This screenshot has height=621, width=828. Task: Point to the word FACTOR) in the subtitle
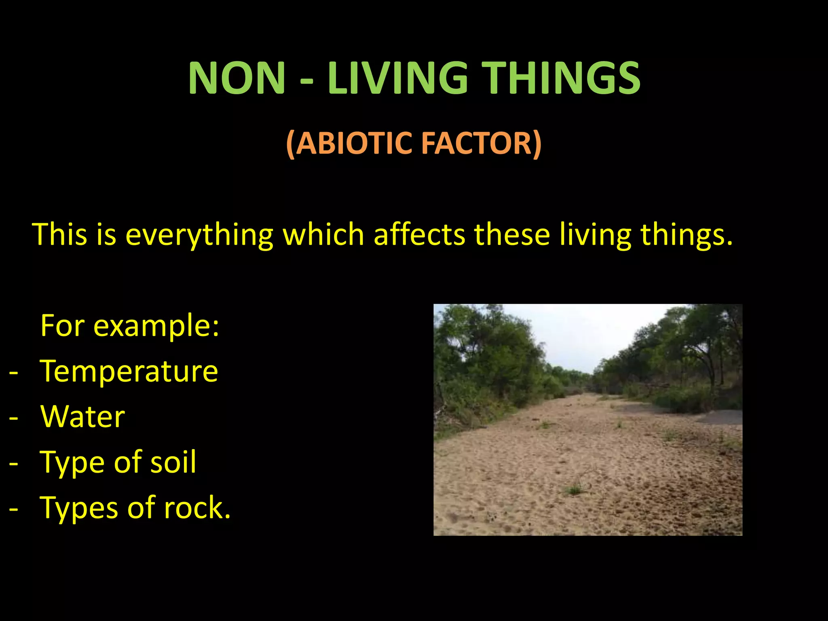[x=482, y=144]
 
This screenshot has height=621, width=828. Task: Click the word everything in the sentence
[x=199, y=234]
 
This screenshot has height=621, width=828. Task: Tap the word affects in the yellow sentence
[x=419, y=234]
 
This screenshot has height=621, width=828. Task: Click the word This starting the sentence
[x=60, y=234]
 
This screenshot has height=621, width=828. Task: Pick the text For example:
[x=130, y=325]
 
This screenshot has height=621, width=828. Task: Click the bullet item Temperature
[x=129, y=371]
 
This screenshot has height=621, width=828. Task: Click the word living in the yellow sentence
[x=595, y=234]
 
